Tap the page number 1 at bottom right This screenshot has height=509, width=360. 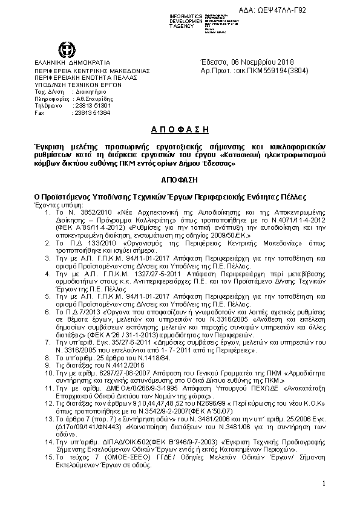[324, 484]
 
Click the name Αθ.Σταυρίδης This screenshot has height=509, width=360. [92, 98]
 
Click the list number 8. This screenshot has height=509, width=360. [49, 358]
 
